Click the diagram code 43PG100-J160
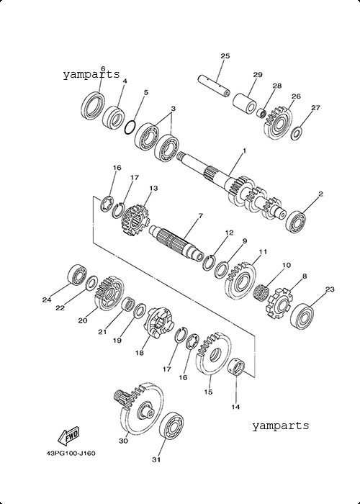71,453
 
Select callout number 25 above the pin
225,56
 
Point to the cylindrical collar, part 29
245,103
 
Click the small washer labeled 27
296,133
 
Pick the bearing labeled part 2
296,222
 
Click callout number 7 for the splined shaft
201,216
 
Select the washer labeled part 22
92,282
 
